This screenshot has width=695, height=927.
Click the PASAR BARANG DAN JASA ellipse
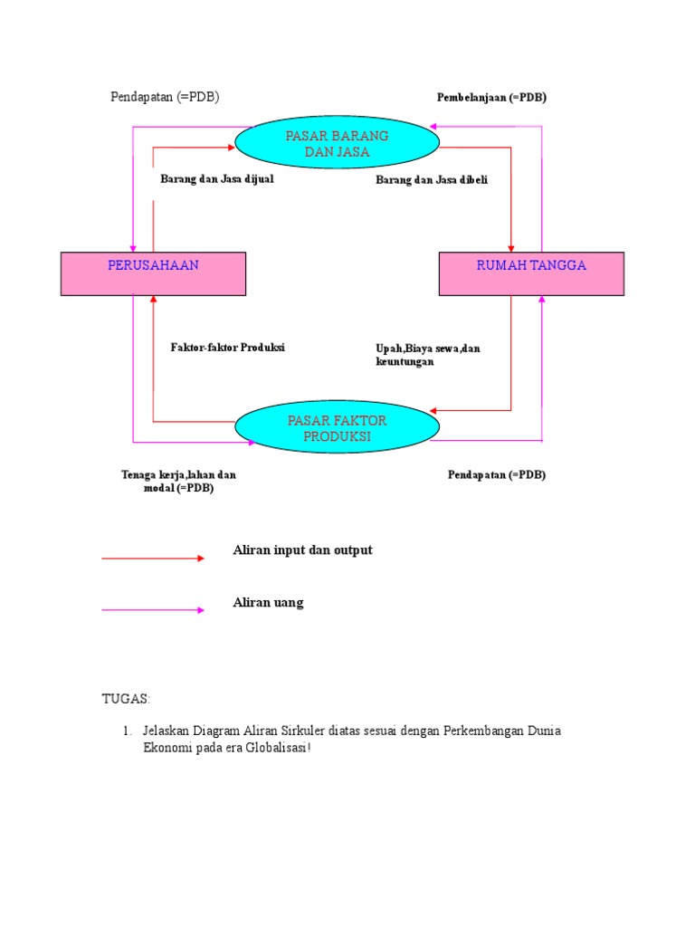[x=337, y=144]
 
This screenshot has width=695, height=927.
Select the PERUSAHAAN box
[x=153, y=273]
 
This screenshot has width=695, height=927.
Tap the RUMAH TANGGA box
[x=531, y=273]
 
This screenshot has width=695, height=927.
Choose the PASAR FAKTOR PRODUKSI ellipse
[x=337, y=428]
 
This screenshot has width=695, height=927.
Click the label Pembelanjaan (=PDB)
[x=491, y=97]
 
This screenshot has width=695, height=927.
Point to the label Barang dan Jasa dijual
[x=217, y=179]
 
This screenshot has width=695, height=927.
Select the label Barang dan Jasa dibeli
[x=432, y=180]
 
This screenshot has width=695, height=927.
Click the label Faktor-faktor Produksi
[x=227, y=348]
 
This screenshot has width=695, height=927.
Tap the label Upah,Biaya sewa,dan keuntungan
[x=427, y=355]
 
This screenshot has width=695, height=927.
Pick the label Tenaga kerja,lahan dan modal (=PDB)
[x=178, y=481]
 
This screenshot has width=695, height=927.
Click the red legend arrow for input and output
[x=153, y=559]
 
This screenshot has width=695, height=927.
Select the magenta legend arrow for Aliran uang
[x=153, y=610]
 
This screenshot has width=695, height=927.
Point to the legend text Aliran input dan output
[x=302, y=550]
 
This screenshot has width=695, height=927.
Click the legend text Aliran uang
[x=268, y=603]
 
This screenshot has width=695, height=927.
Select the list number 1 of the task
[x=128, y=731]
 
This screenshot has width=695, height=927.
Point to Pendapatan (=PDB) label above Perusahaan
[x=165, y=97]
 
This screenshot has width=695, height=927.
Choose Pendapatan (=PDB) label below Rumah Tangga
[x=497, y=474]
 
